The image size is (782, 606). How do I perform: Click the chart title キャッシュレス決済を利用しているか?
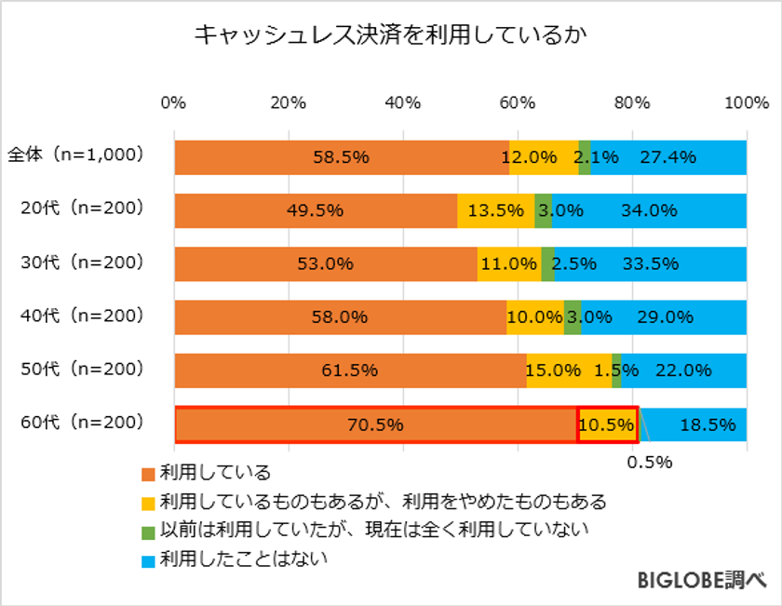(x=391, y=35)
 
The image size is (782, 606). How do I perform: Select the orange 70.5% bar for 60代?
(x=376, y=424)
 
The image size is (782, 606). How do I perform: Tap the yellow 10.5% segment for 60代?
(x=607, y=424)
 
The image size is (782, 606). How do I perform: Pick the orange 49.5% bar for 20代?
(x=316, y=210)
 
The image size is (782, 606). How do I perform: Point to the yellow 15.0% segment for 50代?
(x=569, y=370)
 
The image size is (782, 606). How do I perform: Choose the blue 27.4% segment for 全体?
(x=668, y=157)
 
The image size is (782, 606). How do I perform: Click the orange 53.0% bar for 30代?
(x=326, y=263)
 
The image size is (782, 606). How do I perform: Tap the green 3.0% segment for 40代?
(x=573, y=316)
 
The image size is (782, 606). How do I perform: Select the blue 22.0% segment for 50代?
(x=684, y=370)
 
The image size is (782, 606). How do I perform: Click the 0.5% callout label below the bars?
(x=651, y=463)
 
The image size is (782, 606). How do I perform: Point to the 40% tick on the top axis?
(x=402, y=102)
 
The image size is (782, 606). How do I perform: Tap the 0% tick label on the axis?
(x=174, y=102)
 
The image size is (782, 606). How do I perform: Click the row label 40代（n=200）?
(x=83, y=316)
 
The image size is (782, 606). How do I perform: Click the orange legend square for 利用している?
(x=148, y=473)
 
